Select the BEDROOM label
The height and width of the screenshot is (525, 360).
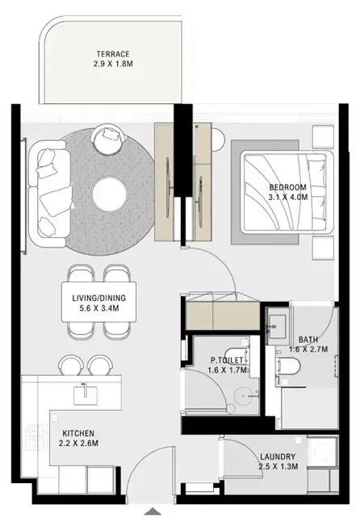(287, 189)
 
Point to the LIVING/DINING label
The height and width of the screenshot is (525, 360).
(99, 297)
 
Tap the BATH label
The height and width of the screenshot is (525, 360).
(307, 340)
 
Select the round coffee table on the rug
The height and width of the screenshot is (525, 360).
(108, 193)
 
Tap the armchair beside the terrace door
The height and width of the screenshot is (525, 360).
(107, 137)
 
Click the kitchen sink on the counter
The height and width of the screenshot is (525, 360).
(84, 392)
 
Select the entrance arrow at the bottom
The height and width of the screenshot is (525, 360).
(153, 510)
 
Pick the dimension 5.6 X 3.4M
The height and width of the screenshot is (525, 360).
(99, 308)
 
